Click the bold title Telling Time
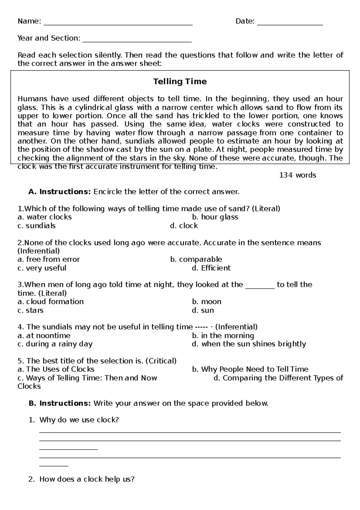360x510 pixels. tap(180, 82)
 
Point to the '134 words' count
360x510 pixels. tap(297, 175)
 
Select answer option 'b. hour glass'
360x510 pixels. tap(215, 217)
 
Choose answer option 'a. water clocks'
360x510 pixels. tap(45, 217)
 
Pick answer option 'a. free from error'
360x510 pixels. tap(49, 260)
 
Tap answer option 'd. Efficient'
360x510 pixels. tap(211, 268)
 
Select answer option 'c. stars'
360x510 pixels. tap(31, 310)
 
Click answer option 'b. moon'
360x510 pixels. tap(207, 302)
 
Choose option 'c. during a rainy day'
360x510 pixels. tap(55, 344)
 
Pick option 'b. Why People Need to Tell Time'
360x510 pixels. tap(250, 369)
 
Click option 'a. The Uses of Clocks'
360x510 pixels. tap(56, 369)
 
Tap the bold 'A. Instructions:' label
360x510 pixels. tap(59, 192)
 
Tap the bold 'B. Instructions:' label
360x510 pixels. tap(59, 403)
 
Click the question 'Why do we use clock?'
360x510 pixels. tap(79, 420)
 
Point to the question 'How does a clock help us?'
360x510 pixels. tap(87, 479)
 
